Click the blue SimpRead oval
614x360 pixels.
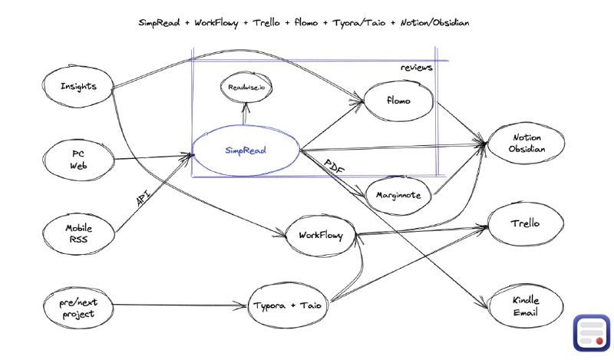coord(246,150)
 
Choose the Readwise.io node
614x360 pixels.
coord(246,89)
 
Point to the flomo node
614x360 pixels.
coord(398,99)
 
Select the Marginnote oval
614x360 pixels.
coord(398,196)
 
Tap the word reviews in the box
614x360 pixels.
coord(417,68)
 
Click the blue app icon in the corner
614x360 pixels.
coord(589,332)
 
